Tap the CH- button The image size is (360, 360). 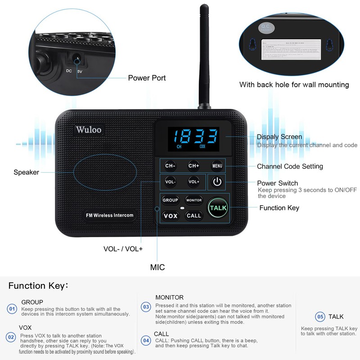click(170, 166)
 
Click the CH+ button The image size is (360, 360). click(194, 166)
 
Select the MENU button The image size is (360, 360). click(217, 166)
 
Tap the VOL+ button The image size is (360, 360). click(194, 182)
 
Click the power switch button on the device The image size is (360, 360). click(217, 182)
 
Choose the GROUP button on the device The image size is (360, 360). click(171, 200)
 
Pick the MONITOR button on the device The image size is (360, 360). click(194, 200)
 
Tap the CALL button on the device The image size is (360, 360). click(194, 216)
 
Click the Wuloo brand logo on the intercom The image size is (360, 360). click(89, 130)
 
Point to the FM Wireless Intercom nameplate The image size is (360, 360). click(110, 215)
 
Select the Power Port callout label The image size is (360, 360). click(147, 78)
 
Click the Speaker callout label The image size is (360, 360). click(26, 172)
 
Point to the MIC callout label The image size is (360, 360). click(157, 267)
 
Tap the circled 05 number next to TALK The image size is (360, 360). click(320, 317)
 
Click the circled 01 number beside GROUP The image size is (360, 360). click(12, 309)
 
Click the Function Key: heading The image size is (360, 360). click(38, 286)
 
